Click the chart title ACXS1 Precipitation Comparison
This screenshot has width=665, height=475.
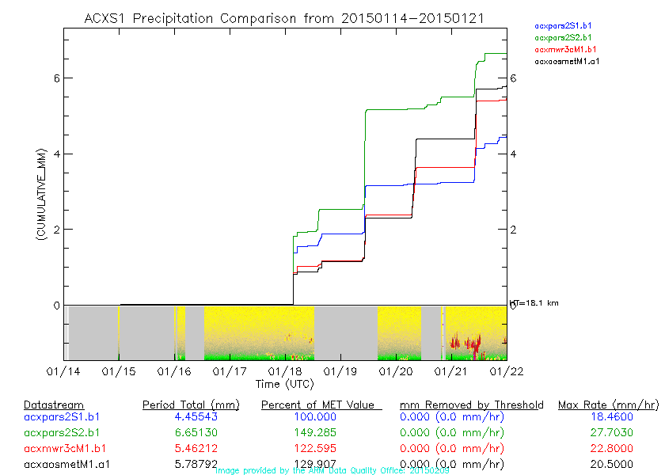coord(284,17)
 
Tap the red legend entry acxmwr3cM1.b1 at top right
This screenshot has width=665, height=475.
coord(563,49)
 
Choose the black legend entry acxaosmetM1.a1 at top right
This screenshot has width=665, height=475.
coord(567,60)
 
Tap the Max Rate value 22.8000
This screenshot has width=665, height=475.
coord(607,449)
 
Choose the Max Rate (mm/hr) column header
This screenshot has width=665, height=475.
coord(607,405)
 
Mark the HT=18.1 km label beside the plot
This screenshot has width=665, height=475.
coord(535,303)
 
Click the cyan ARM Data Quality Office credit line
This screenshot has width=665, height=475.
coord(332,470)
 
